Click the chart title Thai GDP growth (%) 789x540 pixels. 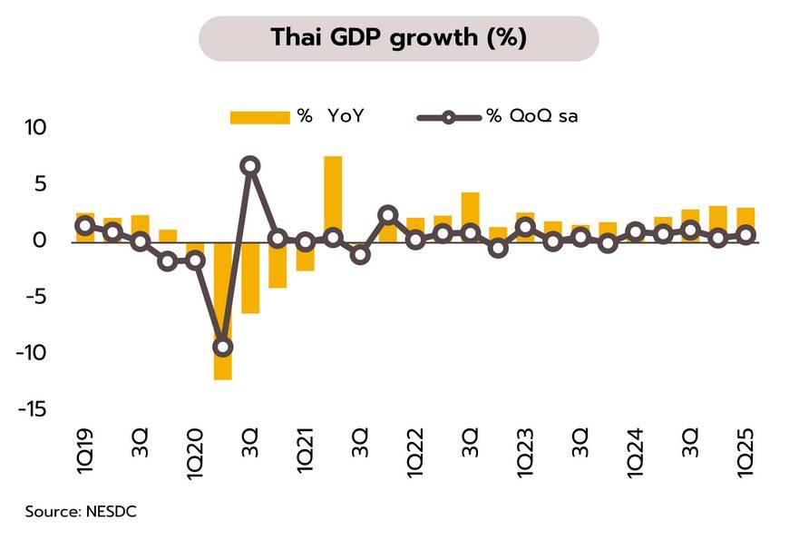[398, 38]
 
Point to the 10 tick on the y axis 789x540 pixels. [34, 128]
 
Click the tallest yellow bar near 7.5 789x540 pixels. [333, 195]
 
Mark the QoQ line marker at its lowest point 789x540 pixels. [223, 347]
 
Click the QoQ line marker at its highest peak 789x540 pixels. [250, 166]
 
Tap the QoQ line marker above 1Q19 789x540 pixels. [85, 226]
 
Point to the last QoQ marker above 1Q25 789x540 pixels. [745, 235]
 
